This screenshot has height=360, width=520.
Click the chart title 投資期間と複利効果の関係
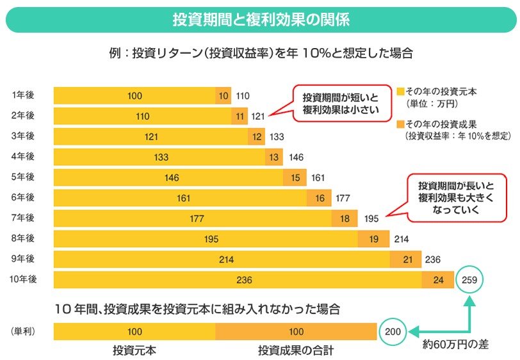click(261, 20)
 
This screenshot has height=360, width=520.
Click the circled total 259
click(471, 280)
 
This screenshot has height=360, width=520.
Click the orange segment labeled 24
click(437, 280)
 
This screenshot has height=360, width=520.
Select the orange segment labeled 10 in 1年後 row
click(223, 96)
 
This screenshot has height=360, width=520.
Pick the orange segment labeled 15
click(295, 178)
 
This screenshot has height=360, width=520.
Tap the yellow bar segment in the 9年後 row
click(222, 259)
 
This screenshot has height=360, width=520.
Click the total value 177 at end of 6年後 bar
click(342, 199)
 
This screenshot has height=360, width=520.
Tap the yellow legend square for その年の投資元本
click(400, 92)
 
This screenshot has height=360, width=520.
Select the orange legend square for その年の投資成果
click(400, 123)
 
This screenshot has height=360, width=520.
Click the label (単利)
click(23, 331)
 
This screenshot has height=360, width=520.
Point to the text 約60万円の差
click(455, 345)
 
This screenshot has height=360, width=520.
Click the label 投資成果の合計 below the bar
click(295, 350)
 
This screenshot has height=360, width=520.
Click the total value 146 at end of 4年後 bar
click(296, 158)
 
